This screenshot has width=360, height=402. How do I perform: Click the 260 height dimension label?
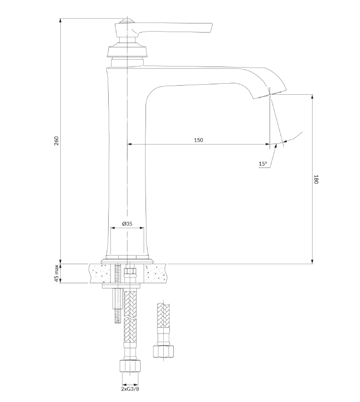click(56, 141)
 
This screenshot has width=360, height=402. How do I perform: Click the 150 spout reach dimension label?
click(199, 140)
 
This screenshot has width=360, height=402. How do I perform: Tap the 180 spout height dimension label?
click(315, 179)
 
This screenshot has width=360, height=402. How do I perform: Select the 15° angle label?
click(263, 164)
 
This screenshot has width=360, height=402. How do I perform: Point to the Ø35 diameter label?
click(127, 223)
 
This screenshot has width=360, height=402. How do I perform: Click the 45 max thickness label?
click(56, 273)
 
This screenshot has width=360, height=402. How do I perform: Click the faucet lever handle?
click(164, 28)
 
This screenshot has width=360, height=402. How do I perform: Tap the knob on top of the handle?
click(127, 20)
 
